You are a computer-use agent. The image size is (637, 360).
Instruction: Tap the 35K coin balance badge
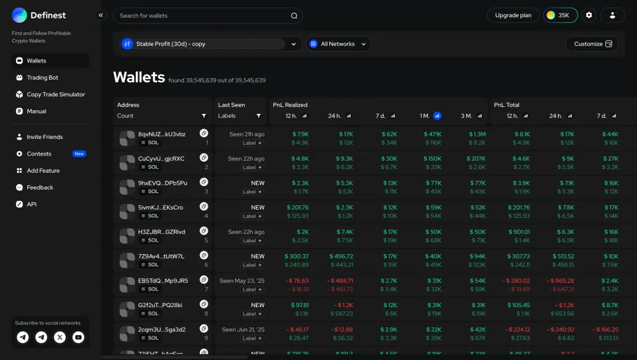coord(560,15)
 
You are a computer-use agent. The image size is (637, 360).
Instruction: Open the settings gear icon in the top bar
coord(589,15)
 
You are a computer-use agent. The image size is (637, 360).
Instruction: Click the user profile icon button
coord(612,15)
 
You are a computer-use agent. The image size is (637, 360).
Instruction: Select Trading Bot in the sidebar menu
coord(42,78)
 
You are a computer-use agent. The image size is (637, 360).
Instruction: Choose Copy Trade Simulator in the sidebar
coord(55,94)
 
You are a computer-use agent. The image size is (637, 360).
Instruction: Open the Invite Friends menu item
coord(45,137)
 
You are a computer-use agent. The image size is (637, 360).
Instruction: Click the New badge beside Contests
coord(79,154)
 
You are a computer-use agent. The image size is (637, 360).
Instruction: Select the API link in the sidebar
coord(31,205)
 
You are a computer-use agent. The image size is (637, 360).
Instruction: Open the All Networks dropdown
coord(338,44)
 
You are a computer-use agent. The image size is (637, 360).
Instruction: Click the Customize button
coord(591,44)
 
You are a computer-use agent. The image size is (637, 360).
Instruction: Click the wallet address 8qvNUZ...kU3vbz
coord(162,134)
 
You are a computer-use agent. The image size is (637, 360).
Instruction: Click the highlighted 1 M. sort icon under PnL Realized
coord(438,116)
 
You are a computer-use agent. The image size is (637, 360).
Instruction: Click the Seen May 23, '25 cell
coord(242,280)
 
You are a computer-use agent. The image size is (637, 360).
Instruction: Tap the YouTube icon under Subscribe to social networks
coord(78,338)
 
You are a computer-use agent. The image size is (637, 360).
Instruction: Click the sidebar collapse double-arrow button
coord(101,15)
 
